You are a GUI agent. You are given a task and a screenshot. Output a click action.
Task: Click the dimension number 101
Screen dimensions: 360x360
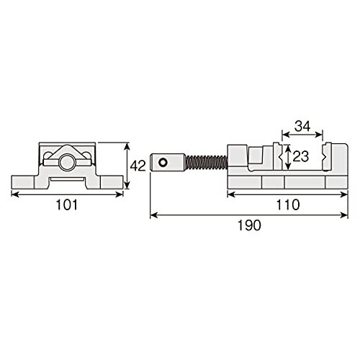pyautogui.click(x=67, y=205)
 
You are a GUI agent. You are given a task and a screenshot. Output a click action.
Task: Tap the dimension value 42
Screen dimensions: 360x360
pyautogui.click(x=138, y=166)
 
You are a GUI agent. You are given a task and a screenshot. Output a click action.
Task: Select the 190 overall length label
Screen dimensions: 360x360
pyautogui.click(x=249, y=225)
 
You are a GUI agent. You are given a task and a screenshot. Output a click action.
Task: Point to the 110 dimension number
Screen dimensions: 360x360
pyautogui.click(x=288, y=204)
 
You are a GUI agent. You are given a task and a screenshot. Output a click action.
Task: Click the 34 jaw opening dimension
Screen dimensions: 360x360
pyautogui.click(x=302, y=126)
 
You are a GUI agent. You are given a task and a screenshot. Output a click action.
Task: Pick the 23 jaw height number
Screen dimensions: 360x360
pyautogui.click(x=301, y=156)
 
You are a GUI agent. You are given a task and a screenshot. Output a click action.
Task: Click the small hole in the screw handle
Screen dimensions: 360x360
pyautogui.click(x=163, y=163)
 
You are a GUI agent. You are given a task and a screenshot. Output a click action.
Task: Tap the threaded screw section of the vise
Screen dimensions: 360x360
pyautogui.click(x=207, y=163)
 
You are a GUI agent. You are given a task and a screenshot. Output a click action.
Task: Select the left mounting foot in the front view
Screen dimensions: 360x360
pyautogui.click(x=23, y=182)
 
